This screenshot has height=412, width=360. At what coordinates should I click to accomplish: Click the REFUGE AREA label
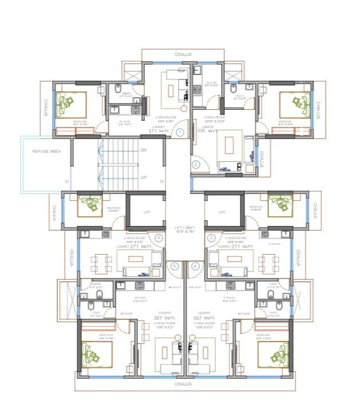pos(46,151)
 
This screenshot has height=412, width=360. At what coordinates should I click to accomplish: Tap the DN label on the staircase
pos(143,150)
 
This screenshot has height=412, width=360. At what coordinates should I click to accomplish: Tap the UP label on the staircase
pos(143,177)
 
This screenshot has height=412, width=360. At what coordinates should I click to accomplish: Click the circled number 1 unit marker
pos(180,132)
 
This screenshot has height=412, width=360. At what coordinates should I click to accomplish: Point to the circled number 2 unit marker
pos(196,164)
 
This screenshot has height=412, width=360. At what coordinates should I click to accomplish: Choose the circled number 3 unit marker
pos(212,237)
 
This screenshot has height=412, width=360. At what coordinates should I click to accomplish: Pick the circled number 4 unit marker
pos(196,266)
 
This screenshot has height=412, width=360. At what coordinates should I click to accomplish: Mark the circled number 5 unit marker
pos(175,266)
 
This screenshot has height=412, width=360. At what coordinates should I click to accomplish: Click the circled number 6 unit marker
pos(159,237)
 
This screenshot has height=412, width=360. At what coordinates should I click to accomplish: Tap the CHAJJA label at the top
pos(183,54)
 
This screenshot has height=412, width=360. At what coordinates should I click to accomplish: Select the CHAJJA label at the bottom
pos(183,384)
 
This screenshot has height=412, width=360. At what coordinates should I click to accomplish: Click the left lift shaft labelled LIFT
pos(147,212)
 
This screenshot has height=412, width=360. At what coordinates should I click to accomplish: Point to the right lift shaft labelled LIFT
pos(223,212)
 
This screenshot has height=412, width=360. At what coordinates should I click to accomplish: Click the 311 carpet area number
pos(153,131)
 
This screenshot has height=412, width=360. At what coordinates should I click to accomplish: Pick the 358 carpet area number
pos(201,130)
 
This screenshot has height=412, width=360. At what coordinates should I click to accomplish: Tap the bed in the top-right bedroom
pos(296,105)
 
